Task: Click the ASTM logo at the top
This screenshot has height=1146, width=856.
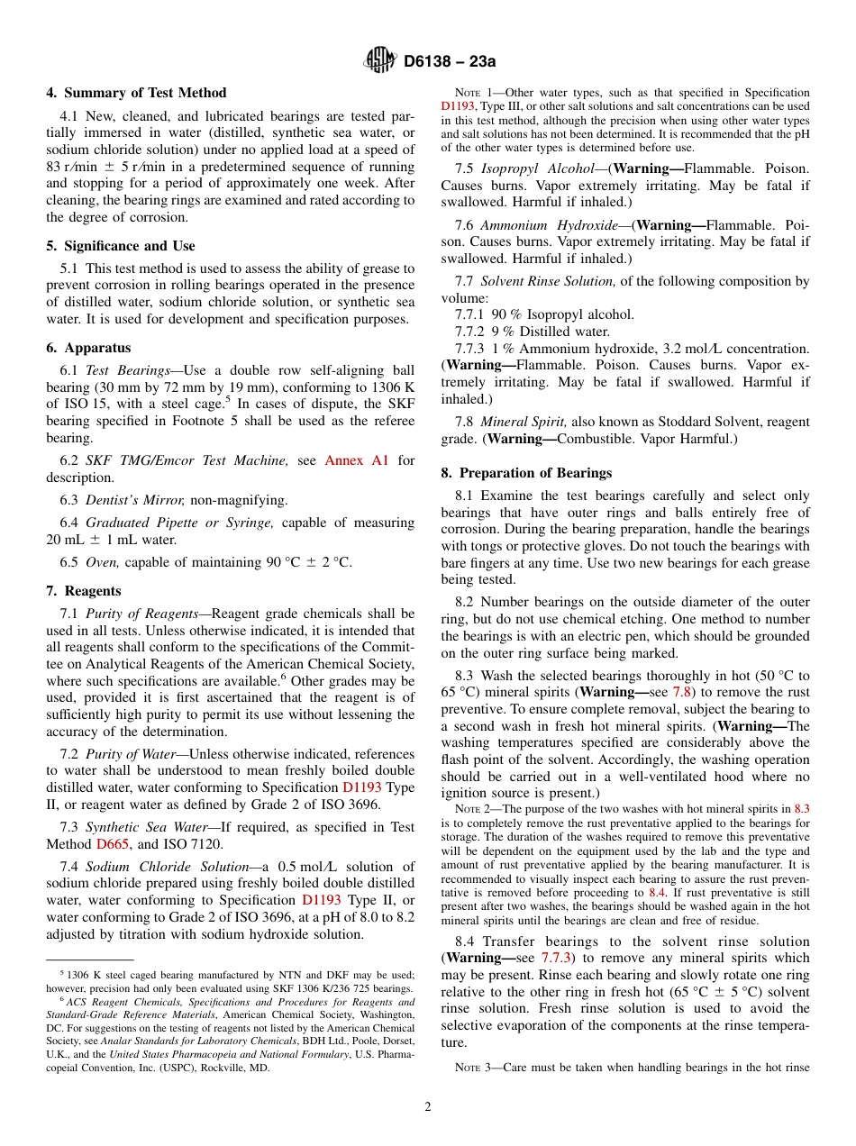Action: tap(379, 60)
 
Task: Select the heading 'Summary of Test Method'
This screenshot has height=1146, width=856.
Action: tap(145, 93)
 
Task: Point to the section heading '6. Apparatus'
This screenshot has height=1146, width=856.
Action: tap(88, 348)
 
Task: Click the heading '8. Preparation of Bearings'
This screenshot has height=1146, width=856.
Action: tap(526, 473)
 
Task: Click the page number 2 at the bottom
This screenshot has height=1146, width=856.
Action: tap(428, 1107)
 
